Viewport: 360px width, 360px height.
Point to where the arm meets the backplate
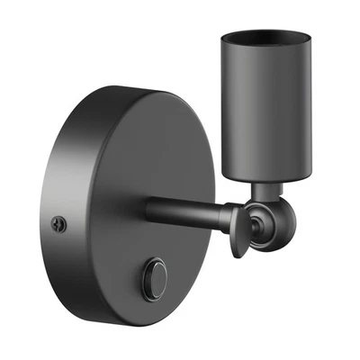coord(150,210)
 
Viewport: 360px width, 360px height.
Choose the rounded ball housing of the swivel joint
coord(270,222)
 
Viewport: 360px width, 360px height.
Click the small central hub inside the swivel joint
coord(259,224)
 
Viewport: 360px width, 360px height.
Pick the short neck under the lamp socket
coord(264,190)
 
